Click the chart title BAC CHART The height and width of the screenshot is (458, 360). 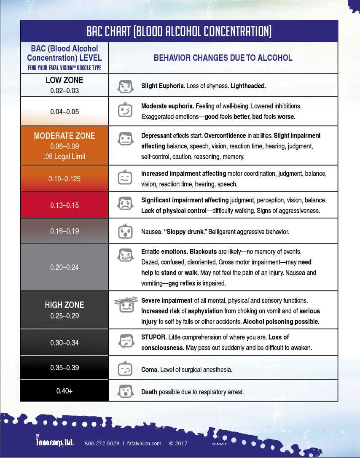click(179, 31)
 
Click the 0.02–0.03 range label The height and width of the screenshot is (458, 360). click(64, 90)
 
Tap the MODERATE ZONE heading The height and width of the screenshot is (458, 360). click(64, 136)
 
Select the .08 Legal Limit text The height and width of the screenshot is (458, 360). click(64, 156)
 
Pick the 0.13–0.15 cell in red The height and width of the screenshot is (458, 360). click(64, 205)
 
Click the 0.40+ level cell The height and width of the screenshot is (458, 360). click(64, 391)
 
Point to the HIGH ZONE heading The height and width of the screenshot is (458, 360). click(64, 305)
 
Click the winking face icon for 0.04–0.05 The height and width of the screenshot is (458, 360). click(124, 111)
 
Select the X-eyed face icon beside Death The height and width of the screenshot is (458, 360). click(124, 391)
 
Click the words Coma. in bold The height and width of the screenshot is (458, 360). click(150, 369)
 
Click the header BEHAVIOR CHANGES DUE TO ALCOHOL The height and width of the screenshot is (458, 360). click(223, 58)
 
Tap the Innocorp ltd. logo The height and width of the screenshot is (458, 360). click(55, 442)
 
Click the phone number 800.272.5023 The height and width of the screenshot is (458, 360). click(101, 444)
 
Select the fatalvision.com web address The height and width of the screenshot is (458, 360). click(144, 444)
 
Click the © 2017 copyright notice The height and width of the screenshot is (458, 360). click(178, 444)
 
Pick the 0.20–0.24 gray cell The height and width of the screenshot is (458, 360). click(64, 267)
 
